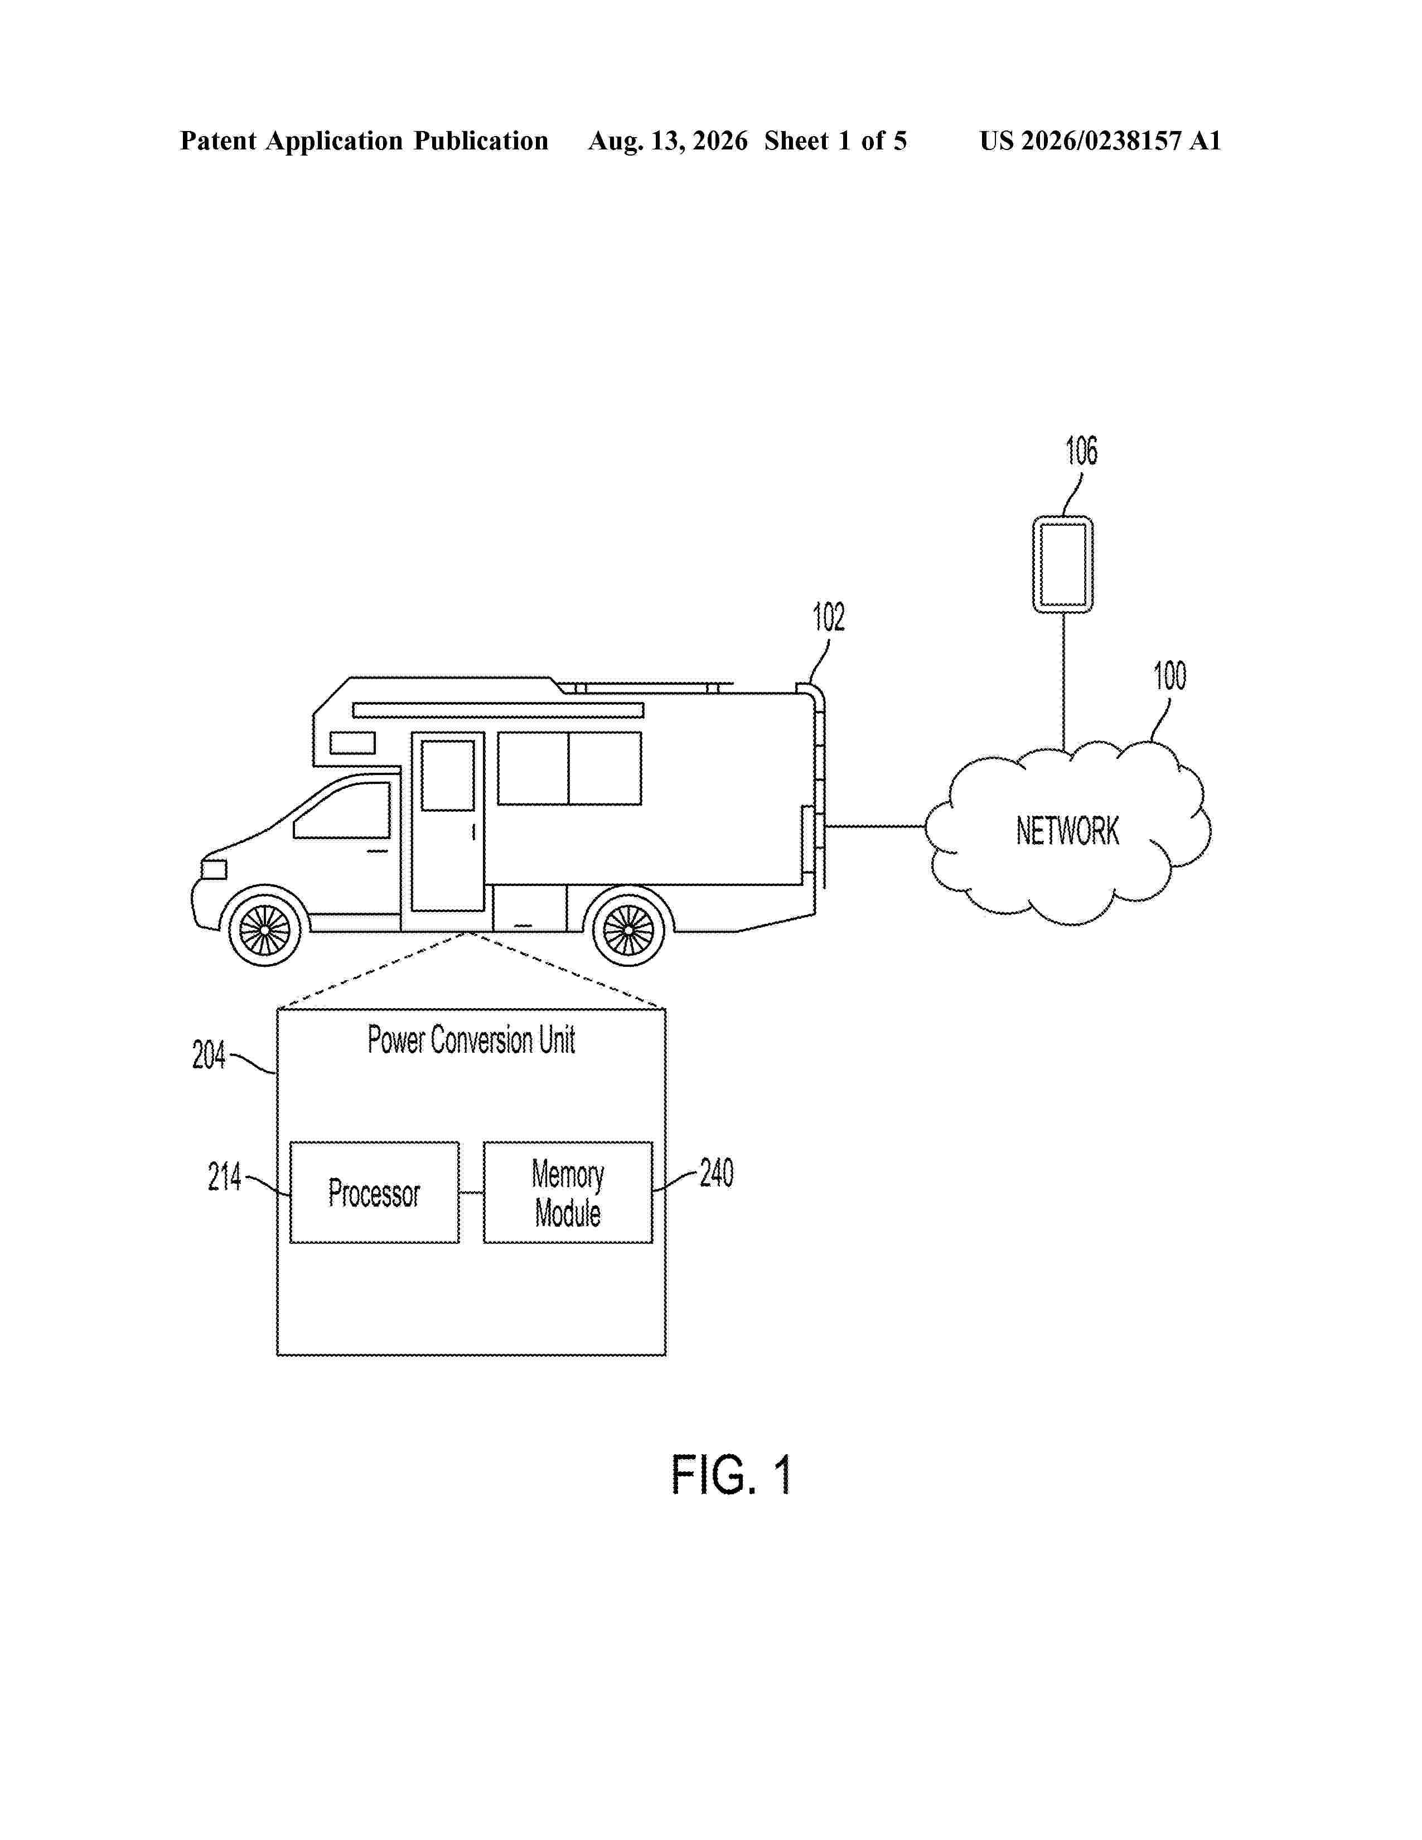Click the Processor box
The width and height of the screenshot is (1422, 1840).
[374, 1192]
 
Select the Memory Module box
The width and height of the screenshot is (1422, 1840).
[568, 1192]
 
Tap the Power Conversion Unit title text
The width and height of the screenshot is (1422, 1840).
[471, 1040]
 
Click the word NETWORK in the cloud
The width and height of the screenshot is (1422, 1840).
[1067, 831]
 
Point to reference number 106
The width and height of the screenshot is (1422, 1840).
[1082, 452]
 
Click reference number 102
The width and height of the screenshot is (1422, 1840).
[828, 618]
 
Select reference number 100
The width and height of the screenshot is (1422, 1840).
[1169, 676]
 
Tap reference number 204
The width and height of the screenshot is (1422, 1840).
[209, 1055]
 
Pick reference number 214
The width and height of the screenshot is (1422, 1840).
[224, 1177]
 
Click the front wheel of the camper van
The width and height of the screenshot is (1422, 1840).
[264, 930]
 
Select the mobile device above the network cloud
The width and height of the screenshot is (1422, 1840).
[1063, 564]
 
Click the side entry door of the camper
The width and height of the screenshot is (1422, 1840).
[447, 821]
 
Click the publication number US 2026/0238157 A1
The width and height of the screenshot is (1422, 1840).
[1100, 141]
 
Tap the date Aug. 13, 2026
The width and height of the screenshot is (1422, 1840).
[668, 141]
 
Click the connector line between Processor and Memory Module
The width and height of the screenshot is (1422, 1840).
[471, 1192]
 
